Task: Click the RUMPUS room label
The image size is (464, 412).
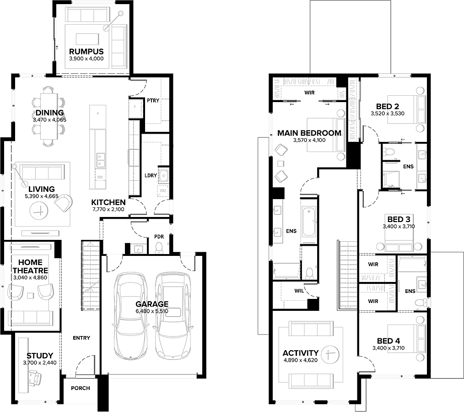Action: (x=86, y=51)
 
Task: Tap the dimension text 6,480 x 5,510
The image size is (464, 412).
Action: (x=152, y=311)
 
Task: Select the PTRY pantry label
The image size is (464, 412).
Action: (x=153, y=101)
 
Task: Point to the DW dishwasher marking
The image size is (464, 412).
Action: (x=100, y=177)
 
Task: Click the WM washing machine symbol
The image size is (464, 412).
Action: (x=163, y=190)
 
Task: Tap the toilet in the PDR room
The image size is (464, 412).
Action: (x=159, y=248)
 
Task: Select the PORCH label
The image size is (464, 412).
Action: (x=81, y=388)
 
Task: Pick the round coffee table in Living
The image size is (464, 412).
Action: (x=39, y=211)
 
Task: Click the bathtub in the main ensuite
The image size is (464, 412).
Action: (x=309, y=222)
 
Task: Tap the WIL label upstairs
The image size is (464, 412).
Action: (x=299, y=291)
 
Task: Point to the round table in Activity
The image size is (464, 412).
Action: (x=330, y=354)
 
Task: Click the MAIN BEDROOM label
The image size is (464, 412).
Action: (x=309, y=133)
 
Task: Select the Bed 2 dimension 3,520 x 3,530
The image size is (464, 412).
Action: (x=388, y=114)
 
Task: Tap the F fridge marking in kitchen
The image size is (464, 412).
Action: (x=135, y=107)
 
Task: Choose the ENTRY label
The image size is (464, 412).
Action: (x=81, y=338)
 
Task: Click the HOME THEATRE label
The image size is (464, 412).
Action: (x=30, y=266)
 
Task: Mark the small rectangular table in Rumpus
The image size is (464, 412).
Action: (x=87, y=39)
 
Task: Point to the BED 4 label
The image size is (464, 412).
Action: (x=388, y=341)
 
